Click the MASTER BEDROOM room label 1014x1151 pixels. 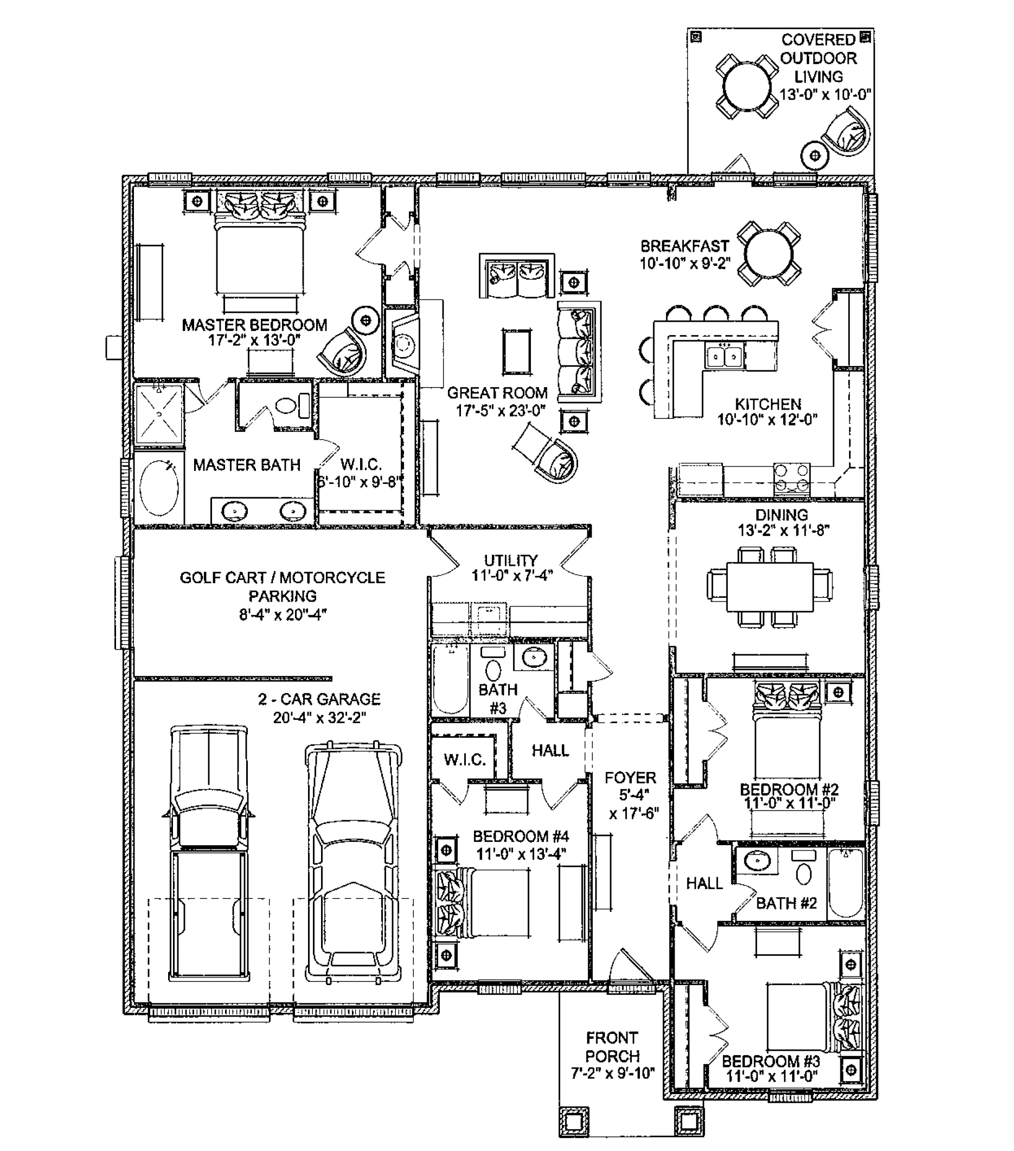pyautogui.click(x=254, y=325)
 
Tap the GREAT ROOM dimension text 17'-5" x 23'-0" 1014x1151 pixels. pyautogui.click(x=500, y=411)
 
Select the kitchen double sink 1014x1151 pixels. pyautogui.click(x=724, y=355)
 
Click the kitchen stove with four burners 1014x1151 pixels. pyautogui.click(x=791, y=478)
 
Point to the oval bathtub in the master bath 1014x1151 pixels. pyautogui.click(x=159, y=487)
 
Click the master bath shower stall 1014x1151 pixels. pyautogui.click(x=159, y=414)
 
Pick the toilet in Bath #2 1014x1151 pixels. pyautogui.click(x=804, y=867)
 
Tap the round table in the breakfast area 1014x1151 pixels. pyautogui.click(x=769, y=253)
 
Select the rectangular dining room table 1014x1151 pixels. pyautogui.click(x=769, y=587)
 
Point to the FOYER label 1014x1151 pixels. pyautogui.click(x=630, y=778)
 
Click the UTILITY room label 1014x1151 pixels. pyautogui.click(x=511, y=560)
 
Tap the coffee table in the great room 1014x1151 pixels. pyautogui.click(x=516, y=352)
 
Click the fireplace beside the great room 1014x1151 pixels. pyautogui.click(x=403, y=343)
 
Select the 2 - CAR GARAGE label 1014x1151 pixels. pyautogui.click(x=319, y=699)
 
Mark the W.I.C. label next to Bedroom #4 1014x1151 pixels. pyautogui.click(x=465, y=759)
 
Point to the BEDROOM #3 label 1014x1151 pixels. pyautogui.click(x=771, y=1062)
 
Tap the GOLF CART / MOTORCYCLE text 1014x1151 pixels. pyautogui.click(x=283, y=578)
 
